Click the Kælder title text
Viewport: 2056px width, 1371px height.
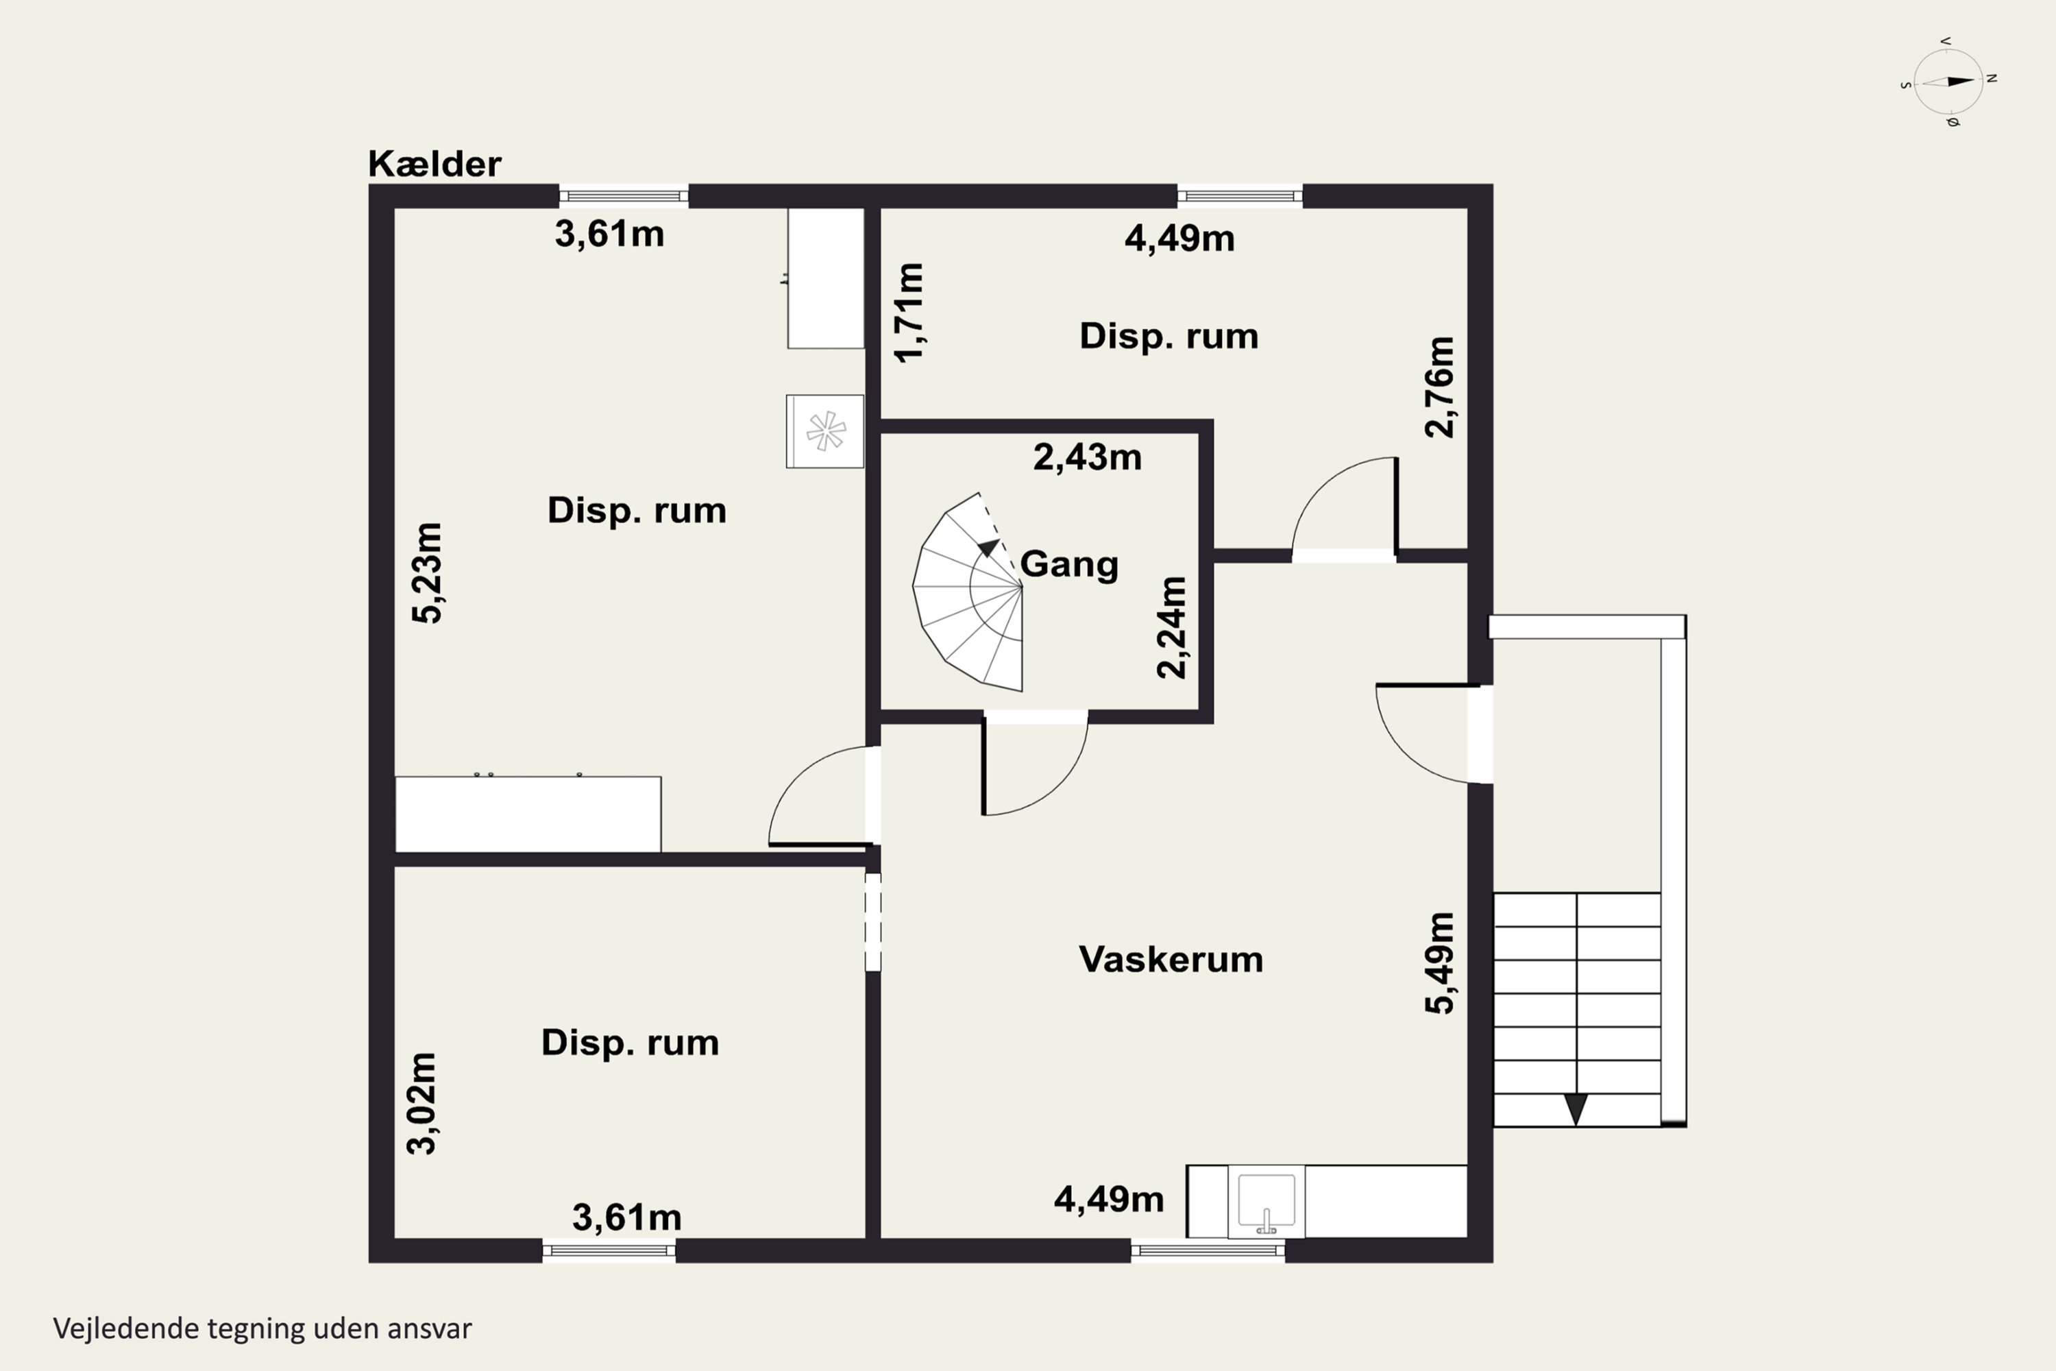(435, 165)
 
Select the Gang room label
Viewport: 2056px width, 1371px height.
(1069, 564)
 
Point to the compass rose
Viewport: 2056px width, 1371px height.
(1948, 82)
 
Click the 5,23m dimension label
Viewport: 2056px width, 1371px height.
(428, 572)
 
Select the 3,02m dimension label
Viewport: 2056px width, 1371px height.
(422, 1104)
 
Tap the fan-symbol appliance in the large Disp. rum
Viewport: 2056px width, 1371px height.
(825, 431)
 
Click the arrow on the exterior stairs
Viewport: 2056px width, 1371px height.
(1575, 1108)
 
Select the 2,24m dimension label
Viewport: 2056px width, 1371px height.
(1172, 628)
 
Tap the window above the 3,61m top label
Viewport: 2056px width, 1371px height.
(623, 196)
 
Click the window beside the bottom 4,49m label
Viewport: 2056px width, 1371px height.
(1207, 1250)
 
